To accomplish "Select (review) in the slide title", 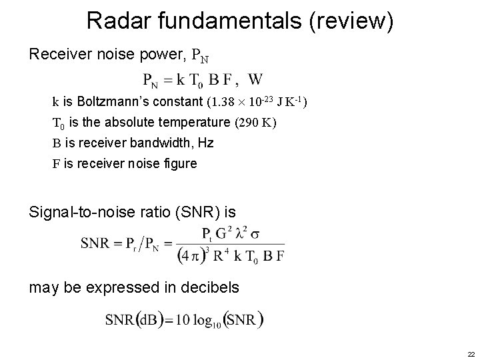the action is [x=351, y=21].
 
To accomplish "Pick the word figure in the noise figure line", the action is [x=180, y=163].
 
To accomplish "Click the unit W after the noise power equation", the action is [x=254, y=80].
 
